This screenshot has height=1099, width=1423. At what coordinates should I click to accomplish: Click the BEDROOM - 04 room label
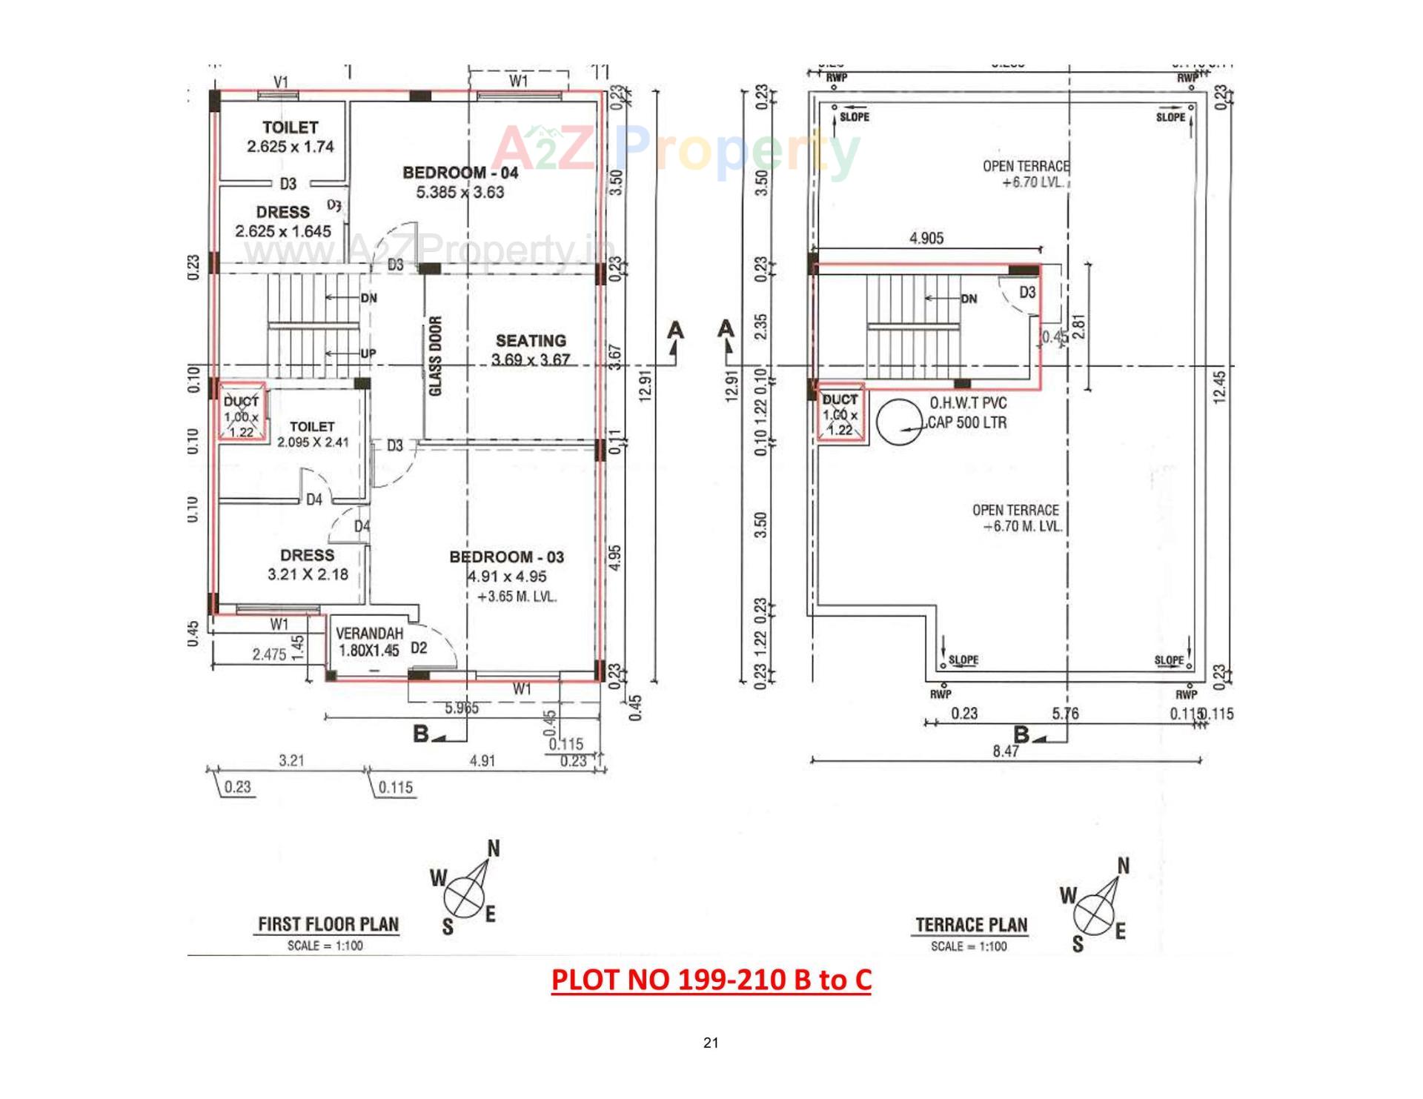click(x=460, y=173)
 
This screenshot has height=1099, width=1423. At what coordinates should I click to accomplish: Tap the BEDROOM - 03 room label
click(x=506, y=557)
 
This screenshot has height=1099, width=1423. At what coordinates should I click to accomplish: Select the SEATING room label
click(x=531, y=341)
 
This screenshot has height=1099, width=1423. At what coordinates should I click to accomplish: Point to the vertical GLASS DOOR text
click(x=436, y=356)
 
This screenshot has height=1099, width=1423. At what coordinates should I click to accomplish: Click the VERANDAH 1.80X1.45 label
click(x=368, y=643)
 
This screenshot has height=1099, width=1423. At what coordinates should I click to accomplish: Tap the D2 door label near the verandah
click(x=419, y=648)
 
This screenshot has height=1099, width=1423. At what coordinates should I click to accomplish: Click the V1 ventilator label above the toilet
click(x=281, y=82)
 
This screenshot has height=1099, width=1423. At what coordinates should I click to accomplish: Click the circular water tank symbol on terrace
click(x=900, y=422)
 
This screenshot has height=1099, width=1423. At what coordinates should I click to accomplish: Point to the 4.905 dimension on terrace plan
click(x=926, y=239)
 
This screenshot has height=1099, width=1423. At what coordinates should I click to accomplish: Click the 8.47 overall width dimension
click(x=1006, y=751)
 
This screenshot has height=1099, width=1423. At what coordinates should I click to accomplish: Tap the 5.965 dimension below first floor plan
click(x=461, y=708)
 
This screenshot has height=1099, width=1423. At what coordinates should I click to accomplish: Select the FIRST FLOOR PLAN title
click(x=328, y=924)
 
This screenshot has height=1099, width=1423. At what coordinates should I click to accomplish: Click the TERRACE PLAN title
click(x=971, y=925)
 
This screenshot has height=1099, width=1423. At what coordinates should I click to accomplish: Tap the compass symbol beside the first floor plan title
click(x=465, y=895)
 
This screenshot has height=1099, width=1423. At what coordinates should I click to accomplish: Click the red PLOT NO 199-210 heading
click(x=711, y=980)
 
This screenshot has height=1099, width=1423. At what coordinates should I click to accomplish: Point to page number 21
click(x=711, y=1043)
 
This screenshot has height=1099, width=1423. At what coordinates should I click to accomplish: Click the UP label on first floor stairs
click(x=368, y=354)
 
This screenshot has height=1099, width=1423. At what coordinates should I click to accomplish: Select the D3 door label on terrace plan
click(x=1026, y=293)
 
